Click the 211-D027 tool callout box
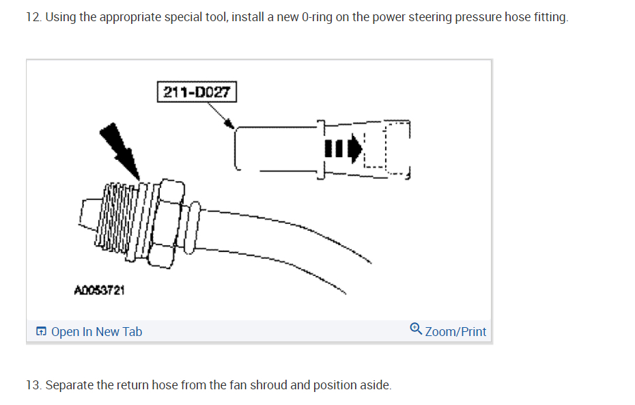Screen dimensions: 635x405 click(197, 92)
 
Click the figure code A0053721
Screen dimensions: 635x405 click(99, 290)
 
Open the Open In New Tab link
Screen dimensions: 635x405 click(96, 332)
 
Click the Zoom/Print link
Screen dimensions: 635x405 click(455, 332)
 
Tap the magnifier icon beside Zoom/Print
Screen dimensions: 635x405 click(416, 331)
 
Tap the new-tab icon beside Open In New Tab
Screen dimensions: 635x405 click(42, 332)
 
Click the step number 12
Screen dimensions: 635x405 click(32, 17)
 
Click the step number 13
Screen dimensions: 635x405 click(32, 385)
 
